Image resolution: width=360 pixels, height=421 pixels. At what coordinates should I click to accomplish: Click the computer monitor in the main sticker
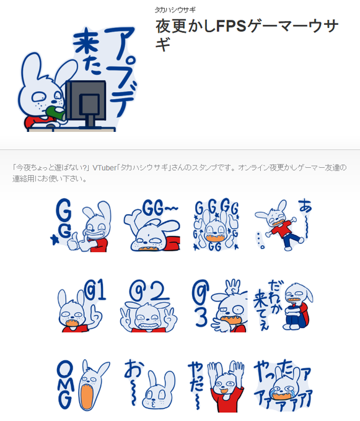point(86,104)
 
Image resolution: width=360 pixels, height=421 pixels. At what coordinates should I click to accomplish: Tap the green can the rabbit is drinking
point(56,113)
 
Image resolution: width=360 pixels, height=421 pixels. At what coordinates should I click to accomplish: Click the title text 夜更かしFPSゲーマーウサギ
point(247,35)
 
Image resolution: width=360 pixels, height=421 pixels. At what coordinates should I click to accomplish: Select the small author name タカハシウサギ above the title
point(175,10)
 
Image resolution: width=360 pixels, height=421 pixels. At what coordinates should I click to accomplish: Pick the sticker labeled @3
point(219,306)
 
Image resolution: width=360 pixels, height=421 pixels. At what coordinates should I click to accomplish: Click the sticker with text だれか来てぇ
point(283,306)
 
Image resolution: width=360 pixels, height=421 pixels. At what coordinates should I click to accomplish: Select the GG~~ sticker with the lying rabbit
point(152,225)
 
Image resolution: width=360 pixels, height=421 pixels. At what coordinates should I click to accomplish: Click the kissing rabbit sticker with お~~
point(150,384)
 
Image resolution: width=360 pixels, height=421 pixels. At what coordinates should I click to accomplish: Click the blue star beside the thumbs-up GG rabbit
point(55,240)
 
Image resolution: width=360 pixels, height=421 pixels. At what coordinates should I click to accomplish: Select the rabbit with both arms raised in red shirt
point(225,386)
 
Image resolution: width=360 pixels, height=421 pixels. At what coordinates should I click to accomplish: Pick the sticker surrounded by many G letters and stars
point(216,225)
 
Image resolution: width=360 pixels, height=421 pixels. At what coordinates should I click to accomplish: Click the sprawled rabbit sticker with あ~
point(283,225)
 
